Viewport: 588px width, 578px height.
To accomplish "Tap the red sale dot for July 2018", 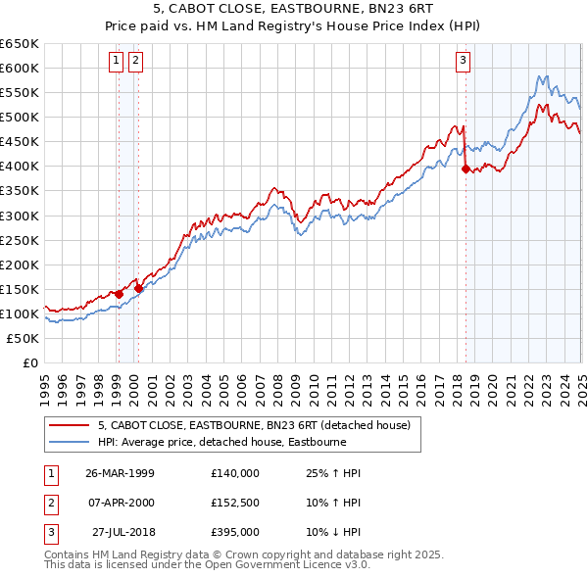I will [465, 169].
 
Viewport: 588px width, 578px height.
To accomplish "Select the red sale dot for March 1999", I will [119, 294].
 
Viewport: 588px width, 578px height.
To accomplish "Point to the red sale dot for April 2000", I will [138, 288].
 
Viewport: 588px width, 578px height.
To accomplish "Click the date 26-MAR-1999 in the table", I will [120, 473].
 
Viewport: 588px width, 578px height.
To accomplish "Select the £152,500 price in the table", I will [235, 503].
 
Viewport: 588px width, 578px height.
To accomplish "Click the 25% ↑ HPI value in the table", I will [327, 473].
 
